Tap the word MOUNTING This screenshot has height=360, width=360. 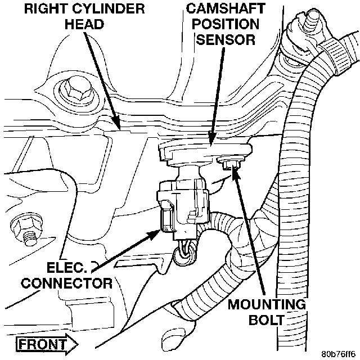pos(267,305)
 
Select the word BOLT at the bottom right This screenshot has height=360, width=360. pos(267,321)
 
